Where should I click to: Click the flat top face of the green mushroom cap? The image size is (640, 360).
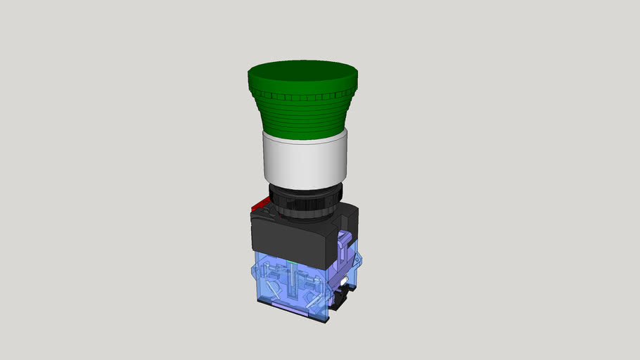[303, 74]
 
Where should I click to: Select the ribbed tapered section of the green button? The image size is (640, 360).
[303, 112]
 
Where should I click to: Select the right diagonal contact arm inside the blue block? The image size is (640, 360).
[313, 281]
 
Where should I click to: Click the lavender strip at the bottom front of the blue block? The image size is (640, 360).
[288, 306]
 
